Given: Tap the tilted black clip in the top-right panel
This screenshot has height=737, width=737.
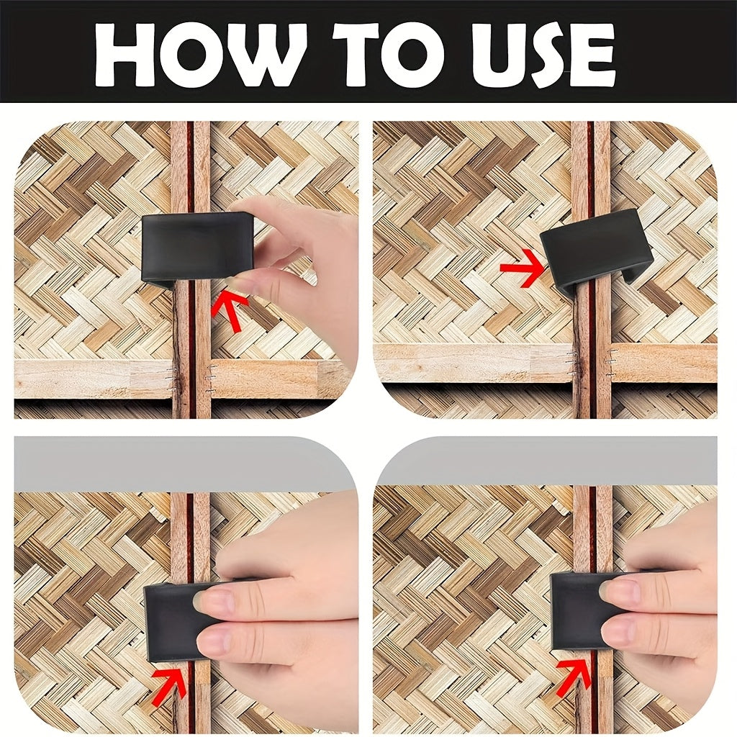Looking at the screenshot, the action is (596, 251).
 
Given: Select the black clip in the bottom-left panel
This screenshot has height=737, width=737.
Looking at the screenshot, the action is (184, 620).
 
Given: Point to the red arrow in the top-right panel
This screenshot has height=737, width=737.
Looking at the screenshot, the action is (522, 268).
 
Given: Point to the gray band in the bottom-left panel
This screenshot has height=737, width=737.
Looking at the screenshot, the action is (184, 463).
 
